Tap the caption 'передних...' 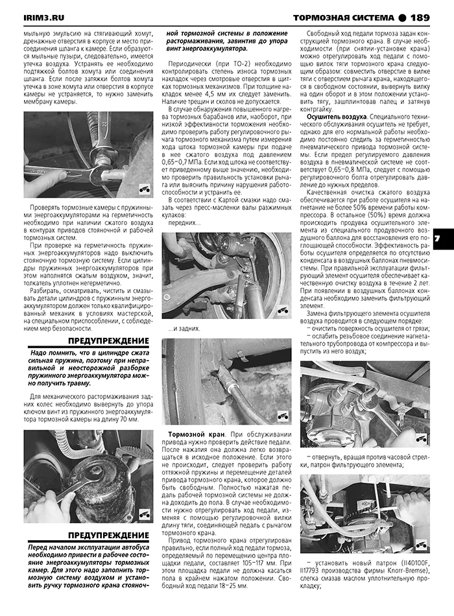185,223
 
